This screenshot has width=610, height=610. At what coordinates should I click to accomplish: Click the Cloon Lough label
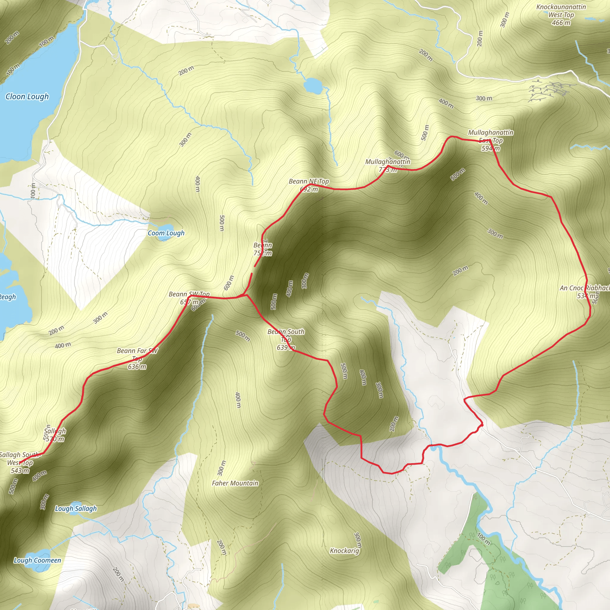pyautogui.click(x=27, y=97)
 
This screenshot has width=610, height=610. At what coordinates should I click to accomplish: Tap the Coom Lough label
pyautogui.click(x=166, y=233)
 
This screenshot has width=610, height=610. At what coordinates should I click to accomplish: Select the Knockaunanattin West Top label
pyautogui.click(x=561, y=15)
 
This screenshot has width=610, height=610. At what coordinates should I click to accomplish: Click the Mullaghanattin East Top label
pyautogui.click(x=491, y=140)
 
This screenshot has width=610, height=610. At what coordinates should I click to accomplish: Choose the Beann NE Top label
pyautogui.click(x=309, y=185)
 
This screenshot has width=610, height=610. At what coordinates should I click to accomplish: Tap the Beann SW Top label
pyautogui.click(x=189, y=298)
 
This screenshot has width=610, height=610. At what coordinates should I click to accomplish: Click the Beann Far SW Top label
pyautogui.click(x=137, y=359)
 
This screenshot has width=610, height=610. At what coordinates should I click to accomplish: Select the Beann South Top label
pyautogui.click(x=286, y=340)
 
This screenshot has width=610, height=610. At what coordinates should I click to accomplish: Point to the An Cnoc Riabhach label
pyautogui.click(x=584, y=292)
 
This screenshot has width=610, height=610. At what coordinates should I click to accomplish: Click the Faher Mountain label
pyautogui.click(x=235, y=483)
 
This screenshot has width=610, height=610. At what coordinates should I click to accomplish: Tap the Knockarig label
pyautogui.click(x=345, y=551)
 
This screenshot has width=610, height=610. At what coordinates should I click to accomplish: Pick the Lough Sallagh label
pyautogui.click(x=76, y=509)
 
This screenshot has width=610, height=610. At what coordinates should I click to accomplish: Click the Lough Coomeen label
pyautogui.click(x=37, y=561)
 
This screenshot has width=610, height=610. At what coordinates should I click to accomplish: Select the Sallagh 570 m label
pyautogui.click(x=55, y=435)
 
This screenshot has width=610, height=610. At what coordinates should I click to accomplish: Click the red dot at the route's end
pyautogui.click(x=482, y=425)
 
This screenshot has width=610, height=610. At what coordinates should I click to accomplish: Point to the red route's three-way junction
pyautogui.click(x=246, y=295)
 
